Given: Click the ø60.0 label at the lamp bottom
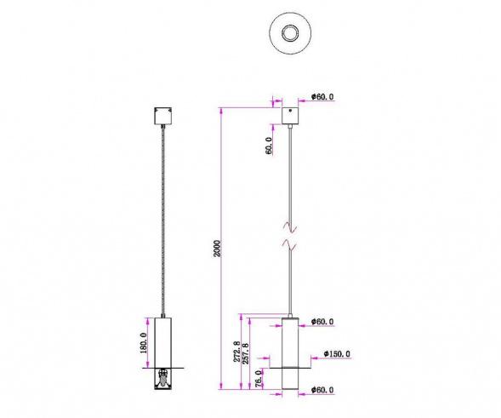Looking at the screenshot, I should [x=321, y=391].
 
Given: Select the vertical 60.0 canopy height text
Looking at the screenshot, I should [x=269, y=146].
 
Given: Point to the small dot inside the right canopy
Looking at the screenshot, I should [x=293, y=112].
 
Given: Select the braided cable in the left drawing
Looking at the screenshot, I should [x=162, y=221].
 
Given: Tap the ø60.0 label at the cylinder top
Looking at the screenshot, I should [x=321, y=322].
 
